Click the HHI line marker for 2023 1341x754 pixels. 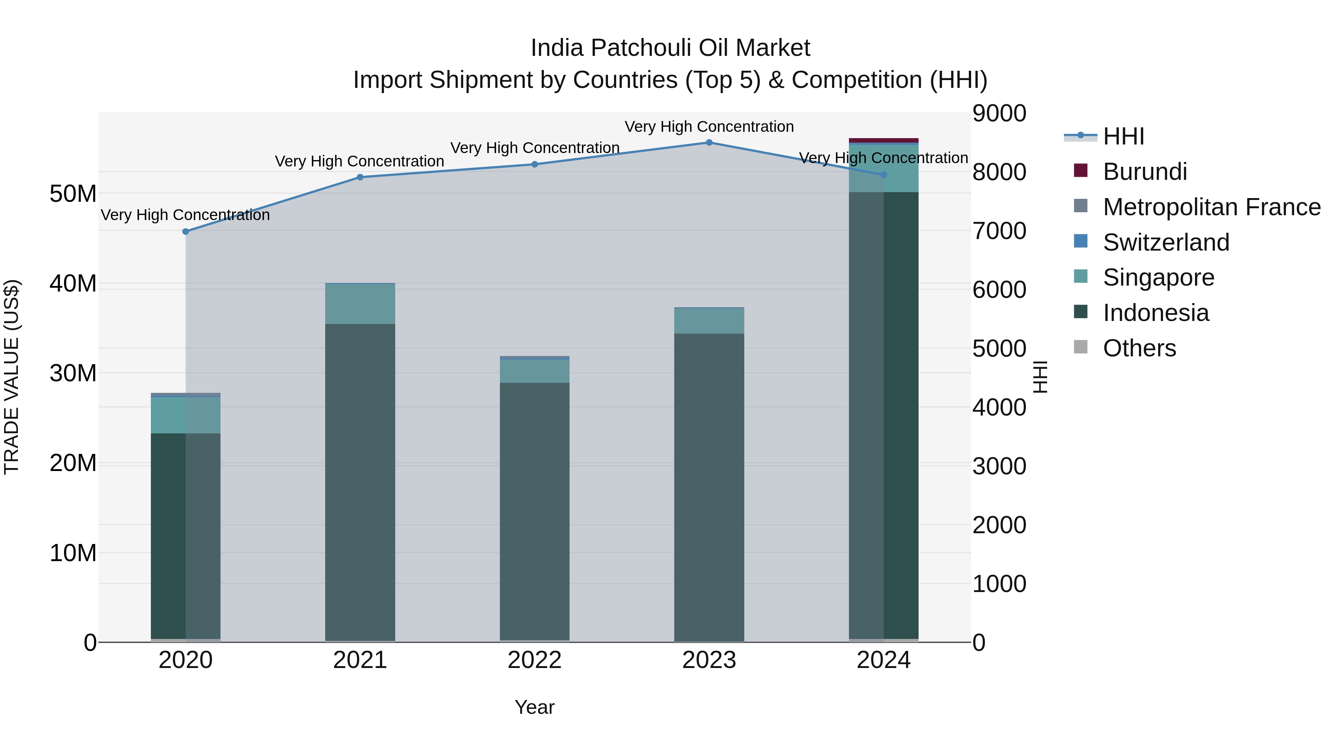[709, 143]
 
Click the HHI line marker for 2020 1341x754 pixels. [186, 232]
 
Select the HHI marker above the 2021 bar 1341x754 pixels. [360, 178]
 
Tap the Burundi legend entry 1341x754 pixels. [1145, 172]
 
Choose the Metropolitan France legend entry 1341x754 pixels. [1211, 207]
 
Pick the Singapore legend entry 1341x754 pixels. [1158, 277]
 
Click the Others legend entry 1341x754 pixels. [1139, 348]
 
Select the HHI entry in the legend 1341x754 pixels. [1123, 136]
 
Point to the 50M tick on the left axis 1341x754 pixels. [73, 194]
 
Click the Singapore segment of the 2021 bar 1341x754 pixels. [360, 304]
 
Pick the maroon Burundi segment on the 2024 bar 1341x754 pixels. [884, 140]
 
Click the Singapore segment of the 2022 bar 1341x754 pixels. [535, 371]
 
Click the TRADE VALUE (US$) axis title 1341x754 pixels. [12, 377]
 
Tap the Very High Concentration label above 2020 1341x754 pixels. [186, 215]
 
